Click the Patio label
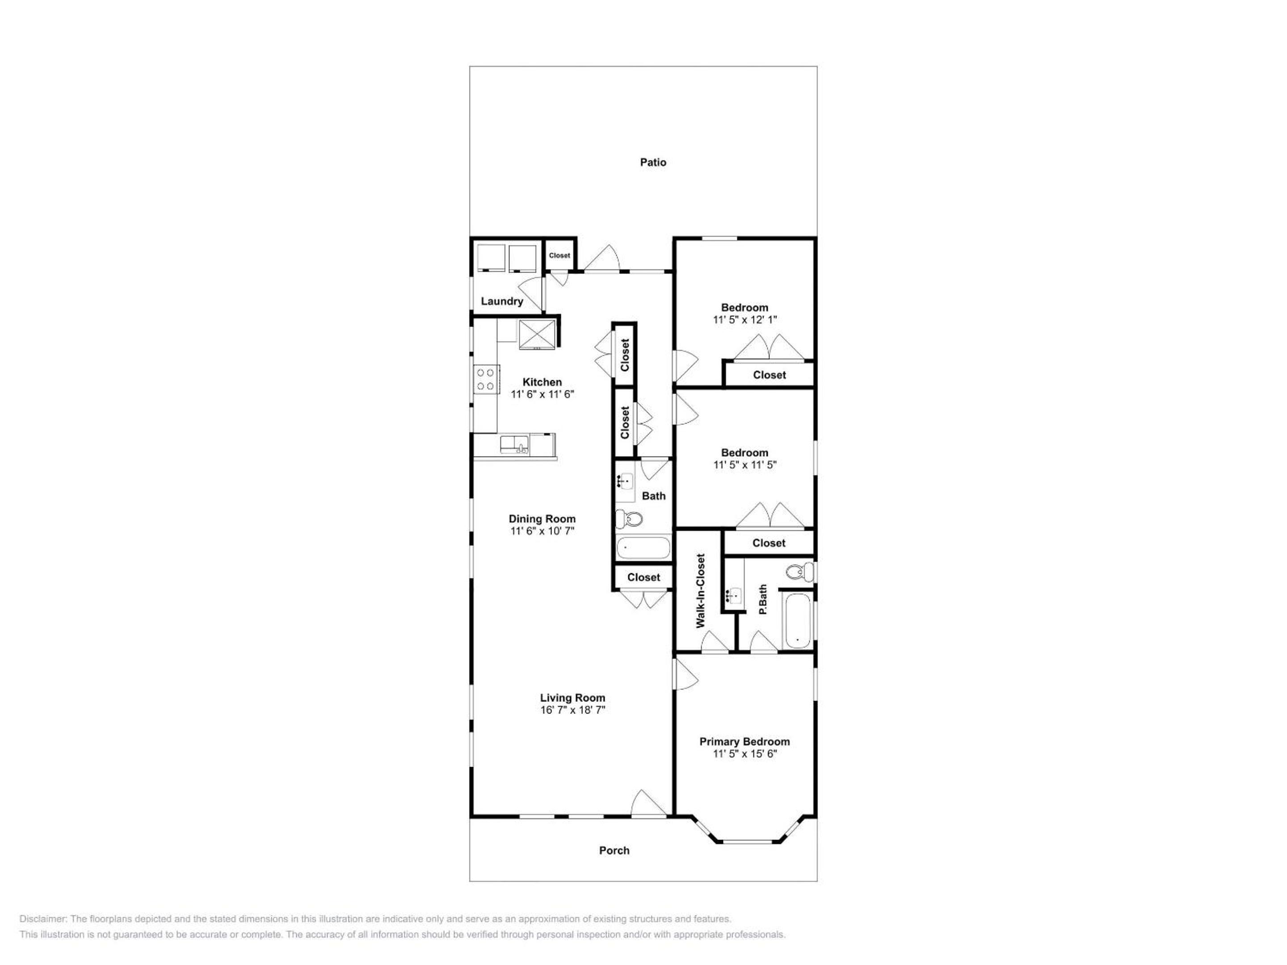(x=653, y=162)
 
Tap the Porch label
(x=614, y=851)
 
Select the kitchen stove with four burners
(x=486, y=379)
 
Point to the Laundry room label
(x=501, y=301)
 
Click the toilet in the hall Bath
(x=629, y=518)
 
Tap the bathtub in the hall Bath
(x=643, y=548)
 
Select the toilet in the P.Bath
(x=799, y=572)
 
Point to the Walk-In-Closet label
(x=701, y=591)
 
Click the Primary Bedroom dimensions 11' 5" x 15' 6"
(x=745, y=754)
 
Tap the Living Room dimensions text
(x=572, y=709)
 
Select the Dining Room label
(x=542, y=519)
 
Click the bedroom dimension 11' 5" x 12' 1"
(x=745, y=319)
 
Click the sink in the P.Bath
(x=734, y=595)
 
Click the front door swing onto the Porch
(x=648, y=803)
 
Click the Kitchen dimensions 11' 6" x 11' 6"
(x=542, y=394)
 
